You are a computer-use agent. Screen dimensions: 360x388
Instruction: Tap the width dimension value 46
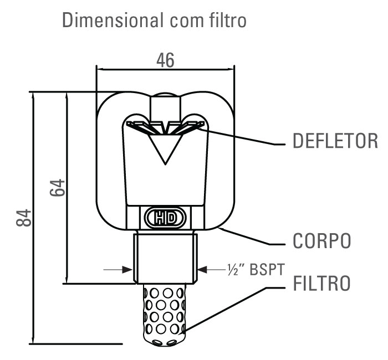165,60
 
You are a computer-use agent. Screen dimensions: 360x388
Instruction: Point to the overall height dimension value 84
23,218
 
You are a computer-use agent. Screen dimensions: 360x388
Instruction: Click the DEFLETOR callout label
335,141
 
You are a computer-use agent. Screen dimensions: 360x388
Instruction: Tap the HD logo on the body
165,218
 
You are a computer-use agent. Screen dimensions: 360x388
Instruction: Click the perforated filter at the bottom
165,313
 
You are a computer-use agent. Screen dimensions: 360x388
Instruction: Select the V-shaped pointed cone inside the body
165,147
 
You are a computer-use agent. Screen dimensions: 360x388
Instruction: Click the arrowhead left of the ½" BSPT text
203,270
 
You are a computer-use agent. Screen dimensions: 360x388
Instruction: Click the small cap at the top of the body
165,100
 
